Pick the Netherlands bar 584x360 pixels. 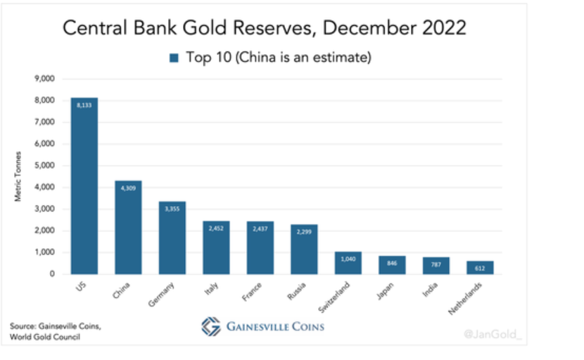(479, 267)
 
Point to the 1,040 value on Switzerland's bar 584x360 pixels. (348, 259)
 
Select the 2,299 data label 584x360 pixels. (303, 231)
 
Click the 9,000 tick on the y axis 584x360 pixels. (44, 79)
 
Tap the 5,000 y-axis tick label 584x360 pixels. (44, 166)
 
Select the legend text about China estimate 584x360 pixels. (278, 57)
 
